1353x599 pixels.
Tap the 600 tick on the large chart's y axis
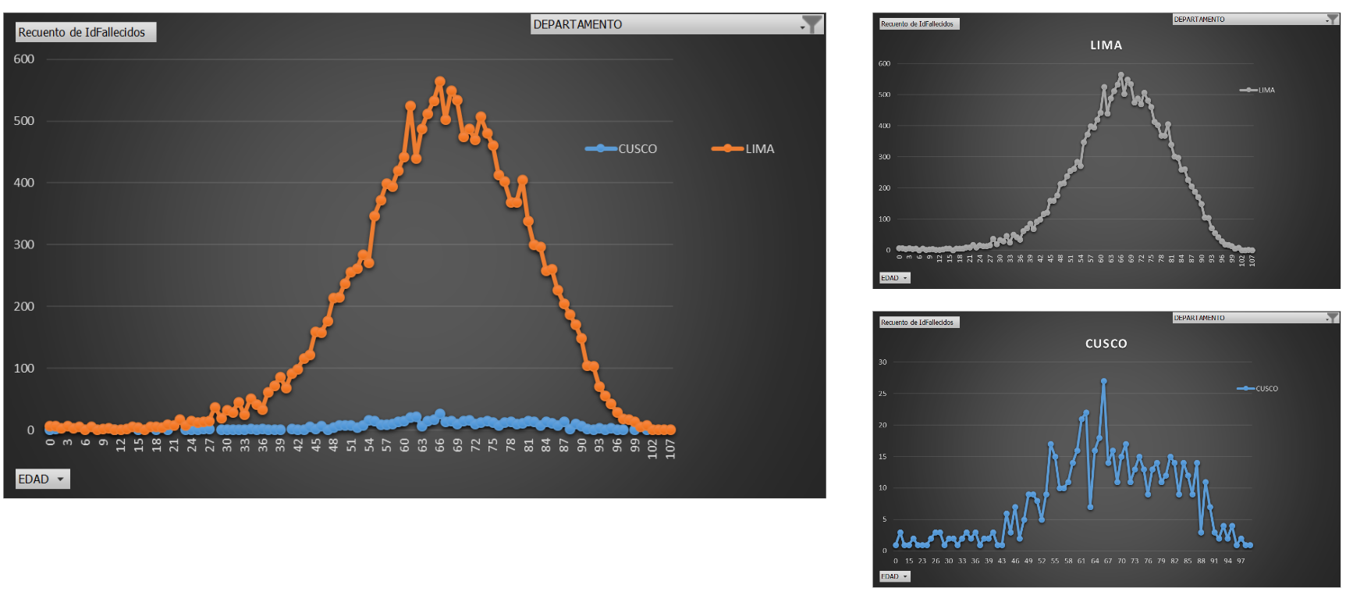click(24, 59)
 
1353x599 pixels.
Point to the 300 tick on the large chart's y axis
click(24, 244)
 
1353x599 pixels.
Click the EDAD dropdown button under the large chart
click(43, 479)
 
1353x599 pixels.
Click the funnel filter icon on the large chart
click(812, 24)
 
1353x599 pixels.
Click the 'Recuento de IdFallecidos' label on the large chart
click(85, 32)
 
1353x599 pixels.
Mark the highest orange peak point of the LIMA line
click(440, 81)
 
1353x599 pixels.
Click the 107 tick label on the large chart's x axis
click(670, 448)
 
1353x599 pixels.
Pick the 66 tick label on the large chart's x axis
click(440, 445)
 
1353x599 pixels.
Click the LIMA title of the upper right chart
click(1106, 45)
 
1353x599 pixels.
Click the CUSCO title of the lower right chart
click(1106, 344)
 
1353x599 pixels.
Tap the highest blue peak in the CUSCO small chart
click(1104, 381)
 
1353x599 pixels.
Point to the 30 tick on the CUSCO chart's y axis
click(882, 362)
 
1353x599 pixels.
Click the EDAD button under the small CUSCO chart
click(895, 576)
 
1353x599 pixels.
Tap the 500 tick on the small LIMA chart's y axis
click(884, 94)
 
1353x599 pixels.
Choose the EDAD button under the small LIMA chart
click(895, 278)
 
